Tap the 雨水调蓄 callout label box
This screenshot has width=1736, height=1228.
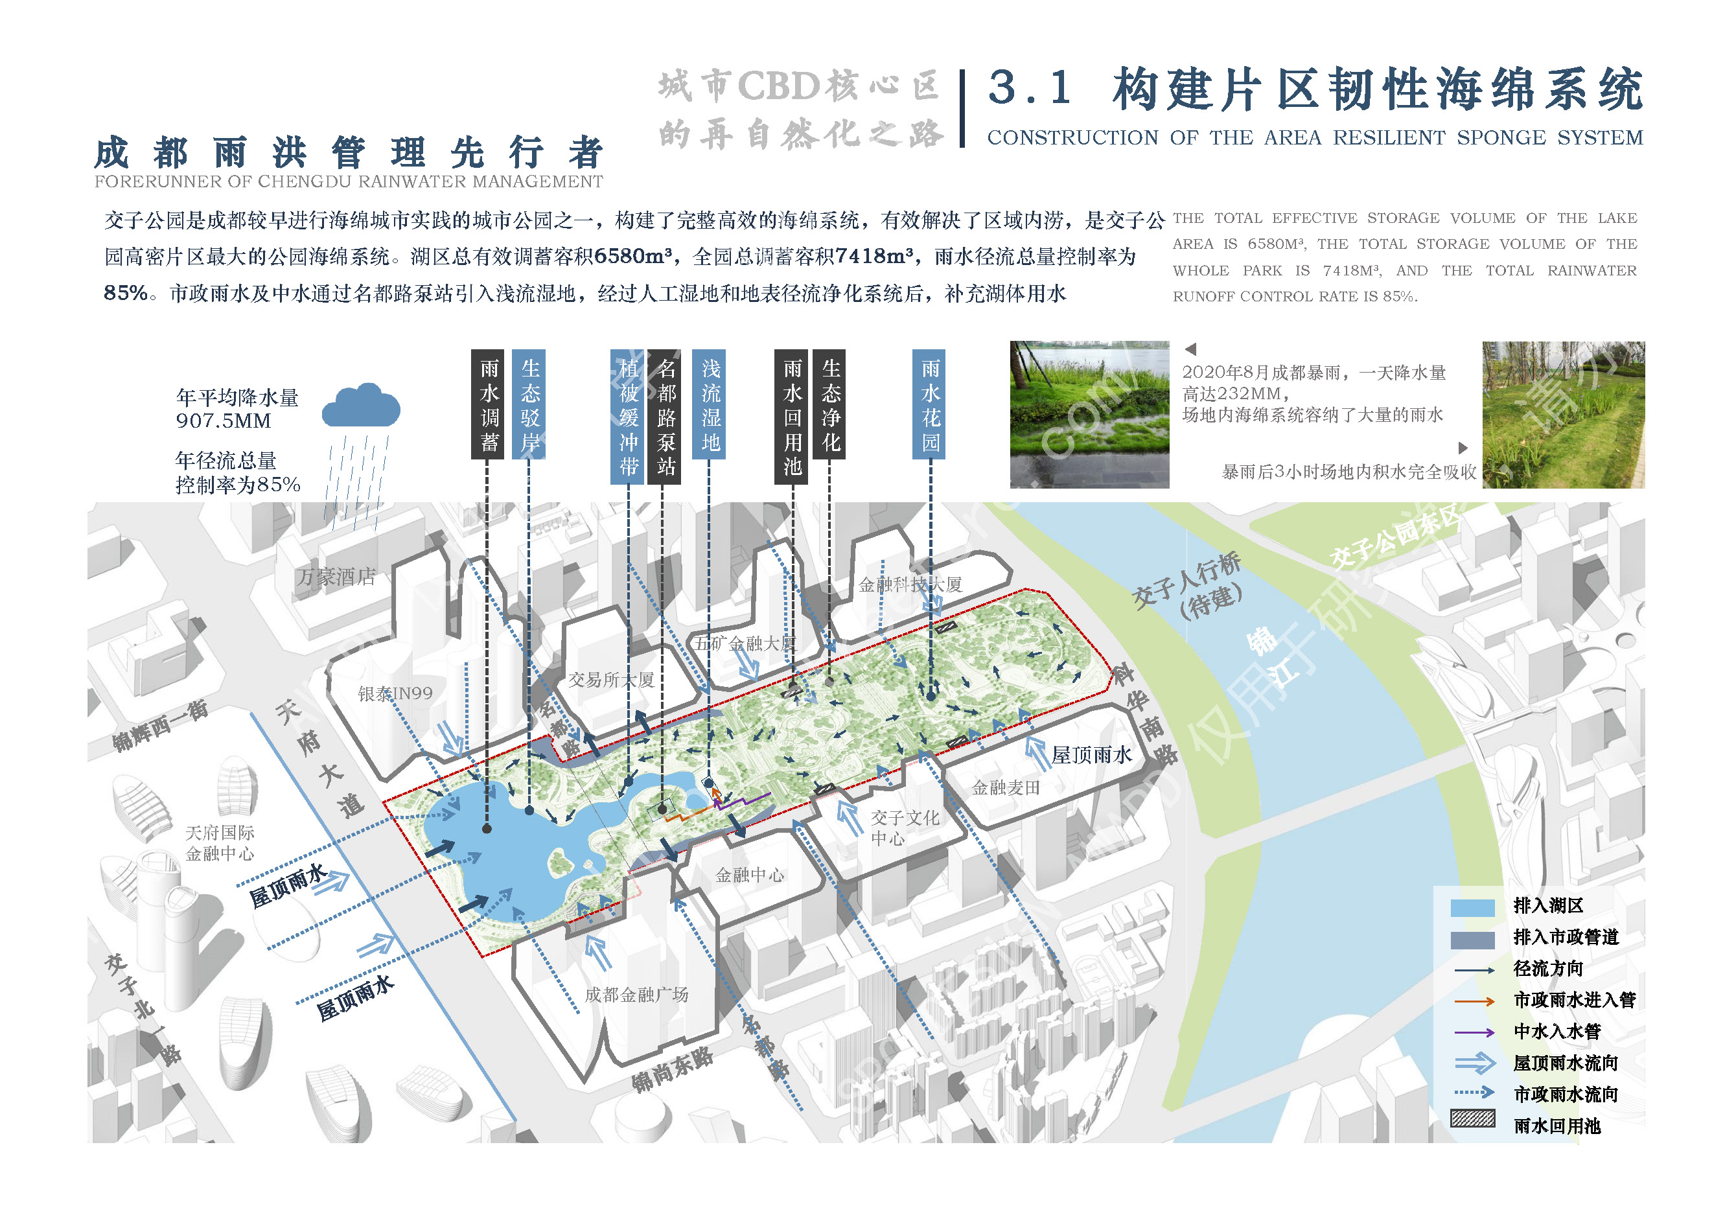pyautogui.click(x=489, y=404)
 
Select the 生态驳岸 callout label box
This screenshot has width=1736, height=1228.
pyautogui.click(x=529, y=404)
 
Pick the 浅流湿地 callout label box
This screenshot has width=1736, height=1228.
pyautogui.click(x=710, y=404)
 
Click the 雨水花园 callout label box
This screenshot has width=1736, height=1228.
pyautogui.click(x=930, y=404)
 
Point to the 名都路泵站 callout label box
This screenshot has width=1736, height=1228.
pyautogui.click(x=665, y=417)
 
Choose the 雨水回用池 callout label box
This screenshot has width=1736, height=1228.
pyautogui.click(x=792, y=417)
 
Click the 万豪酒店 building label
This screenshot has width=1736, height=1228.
pyautogui.click(x=336, y=577)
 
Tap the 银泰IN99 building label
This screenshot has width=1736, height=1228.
pyautogui.click(x=395, y=693)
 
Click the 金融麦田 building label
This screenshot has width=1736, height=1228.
pyautogui.click(x=1006, y=788)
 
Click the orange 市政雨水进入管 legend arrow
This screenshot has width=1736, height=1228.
pyautogui.click(x=1474, y=1002)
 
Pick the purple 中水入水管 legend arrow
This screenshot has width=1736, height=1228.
pyautogui.click(x=1474, y=1033)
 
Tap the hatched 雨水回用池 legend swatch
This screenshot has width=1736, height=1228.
pyautogui.click(x=1472, y=1118)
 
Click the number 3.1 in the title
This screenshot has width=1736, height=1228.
pyautogui.click(x=1030, y=89)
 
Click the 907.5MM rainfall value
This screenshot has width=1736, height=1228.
pyautogui.click(x=224, y=421)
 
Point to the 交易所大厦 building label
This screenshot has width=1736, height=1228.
pyautogui.click(x=611, y=680)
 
